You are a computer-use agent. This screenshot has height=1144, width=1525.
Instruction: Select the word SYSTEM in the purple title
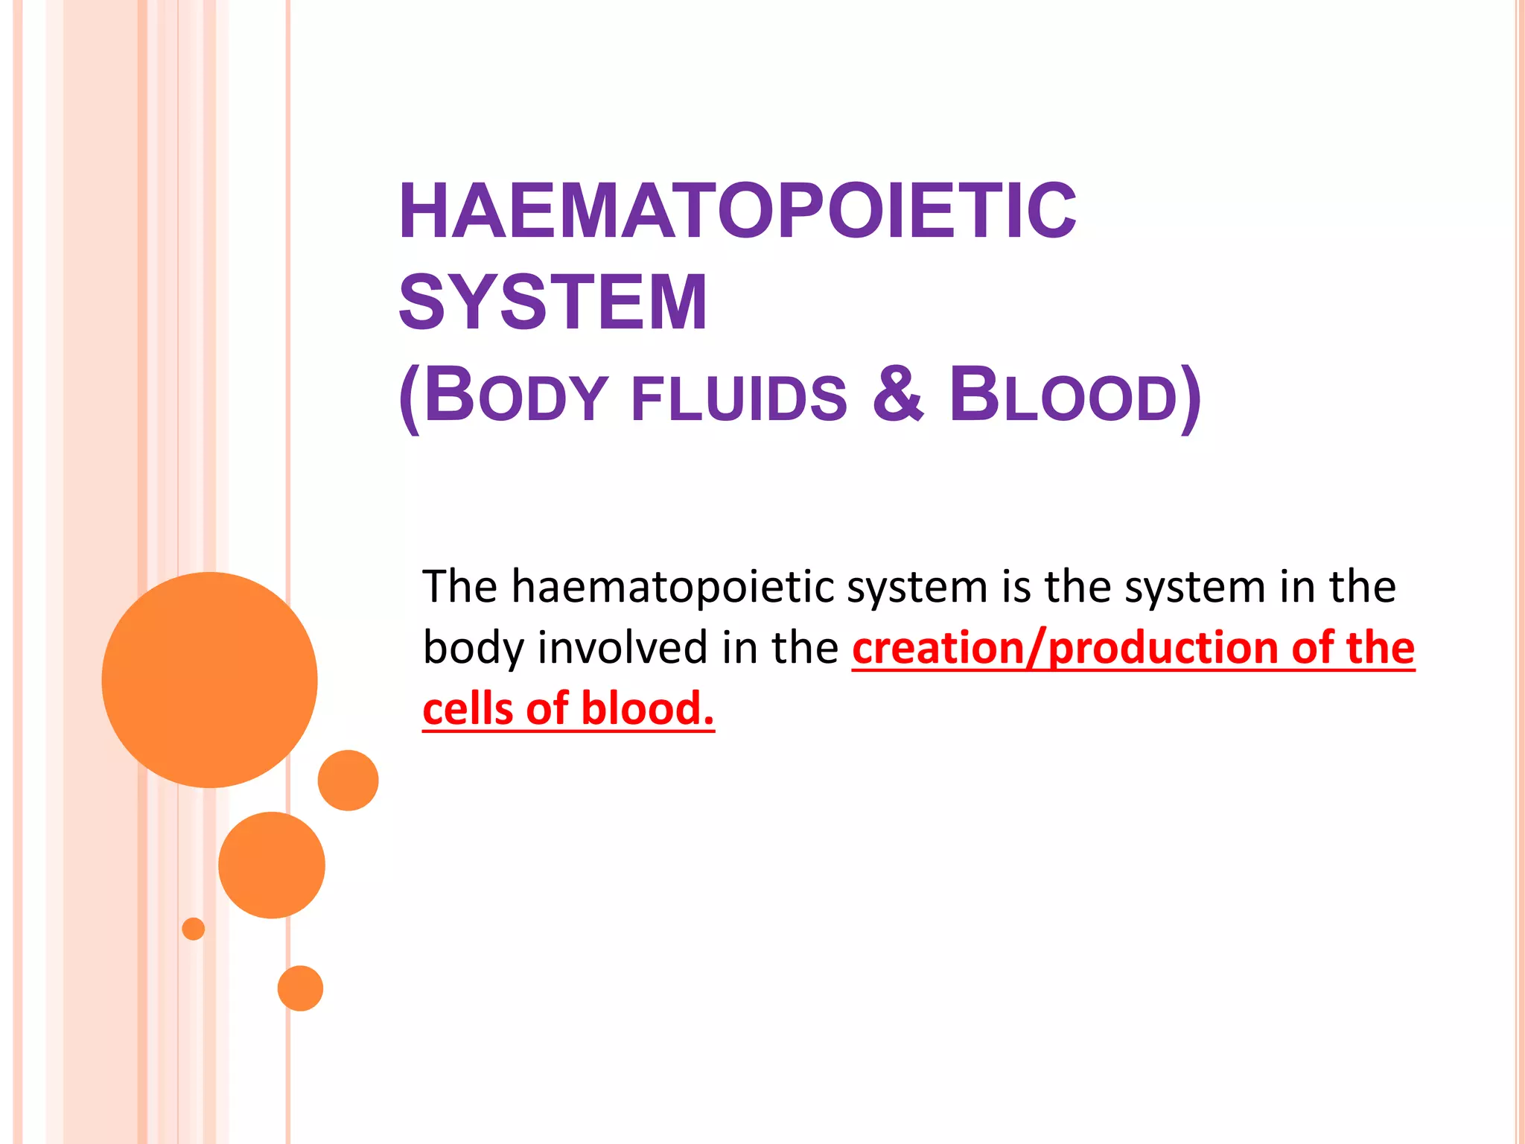click(x=553, y=302)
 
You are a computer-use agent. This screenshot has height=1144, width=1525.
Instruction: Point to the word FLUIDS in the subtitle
click(x=739, y=398)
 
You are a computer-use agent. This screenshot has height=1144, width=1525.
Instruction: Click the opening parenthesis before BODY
click(x=410, y=398)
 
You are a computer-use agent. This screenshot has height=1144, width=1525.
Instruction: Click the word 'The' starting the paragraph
click(x=459, y=587)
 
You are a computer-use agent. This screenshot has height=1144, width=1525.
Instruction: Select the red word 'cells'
click(x=468, y=708)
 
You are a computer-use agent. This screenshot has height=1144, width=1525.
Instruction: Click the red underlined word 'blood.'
click(x=646, y=708)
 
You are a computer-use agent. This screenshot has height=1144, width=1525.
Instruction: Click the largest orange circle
click(x=209, y=679)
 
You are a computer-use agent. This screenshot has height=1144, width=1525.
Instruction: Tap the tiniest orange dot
click(x=193, y=929)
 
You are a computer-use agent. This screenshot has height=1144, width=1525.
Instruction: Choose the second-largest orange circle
click(x=272, y=865)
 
